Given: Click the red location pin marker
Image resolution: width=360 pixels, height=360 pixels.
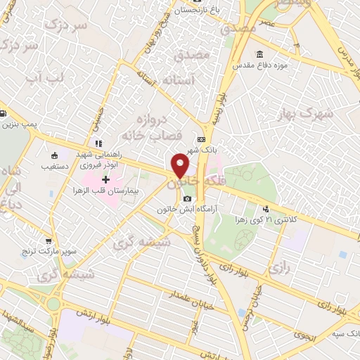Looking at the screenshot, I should (x=180, y=165).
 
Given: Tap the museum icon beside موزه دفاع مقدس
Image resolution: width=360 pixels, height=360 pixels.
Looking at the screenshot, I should (x=260, y=55).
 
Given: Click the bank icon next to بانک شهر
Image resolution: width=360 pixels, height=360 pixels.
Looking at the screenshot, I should (x=202, y=140).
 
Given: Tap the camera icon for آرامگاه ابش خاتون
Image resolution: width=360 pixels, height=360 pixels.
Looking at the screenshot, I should (x=187, y=198).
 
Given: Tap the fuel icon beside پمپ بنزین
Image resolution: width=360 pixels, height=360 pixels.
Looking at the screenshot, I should (x=4, y=114).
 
